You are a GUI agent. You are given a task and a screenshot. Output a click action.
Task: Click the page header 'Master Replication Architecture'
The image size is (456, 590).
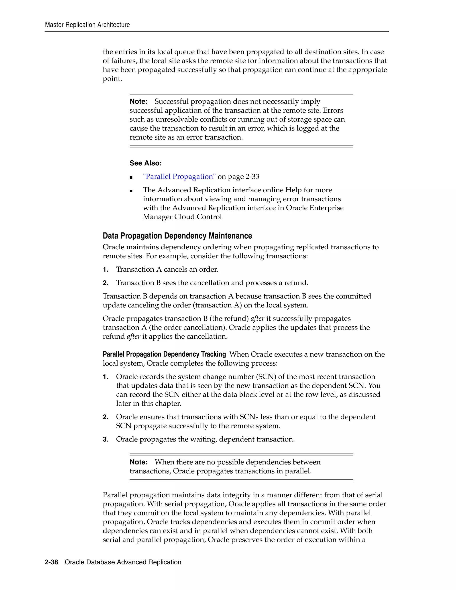(87, 25)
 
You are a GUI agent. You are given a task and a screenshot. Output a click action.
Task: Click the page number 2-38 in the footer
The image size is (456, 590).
(51, 562)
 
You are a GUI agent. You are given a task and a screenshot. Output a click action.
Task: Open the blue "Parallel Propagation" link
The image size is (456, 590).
(179, 177)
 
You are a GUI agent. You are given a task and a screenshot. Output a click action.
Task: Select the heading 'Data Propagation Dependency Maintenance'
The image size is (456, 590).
(177, 236)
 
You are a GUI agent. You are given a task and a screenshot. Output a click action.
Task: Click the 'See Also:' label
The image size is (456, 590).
(146, 163)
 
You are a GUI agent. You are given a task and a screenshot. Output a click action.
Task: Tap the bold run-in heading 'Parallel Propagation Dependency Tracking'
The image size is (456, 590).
(164, 354)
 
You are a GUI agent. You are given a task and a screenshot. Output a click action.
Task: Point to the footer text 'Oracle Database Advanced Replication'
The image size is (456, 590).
(123, 562)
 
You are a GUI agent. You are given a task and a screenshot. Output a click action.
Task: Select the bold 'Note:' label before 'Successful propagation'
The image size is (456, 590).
(138, 102)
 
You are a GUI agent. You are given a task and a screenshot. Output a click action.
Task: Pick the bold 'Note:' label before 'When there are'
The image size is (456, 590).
(138, 462)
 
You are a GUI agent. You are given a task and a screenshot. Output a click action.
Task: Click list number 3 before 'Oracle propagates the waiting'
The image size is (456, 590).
(106, 439)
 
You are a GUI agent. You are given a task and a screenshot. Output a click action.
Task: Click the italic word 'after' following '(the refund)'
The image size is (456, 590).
(257, 319)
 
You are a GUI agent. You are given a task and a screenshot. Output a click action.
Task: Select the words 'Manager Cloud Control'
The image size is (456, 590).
(182, 217)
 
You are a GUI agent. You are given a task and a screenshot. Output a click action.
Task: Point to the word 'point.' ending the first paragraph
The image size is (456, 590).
(112, 79)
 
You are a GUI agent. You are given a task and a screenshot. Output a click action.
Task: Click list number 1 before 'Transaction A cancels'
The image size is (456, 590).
(106, 270)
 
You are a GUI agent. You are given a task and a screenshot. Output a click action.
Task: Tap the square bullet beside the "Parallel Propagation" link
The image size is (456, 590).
(131, 177)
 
